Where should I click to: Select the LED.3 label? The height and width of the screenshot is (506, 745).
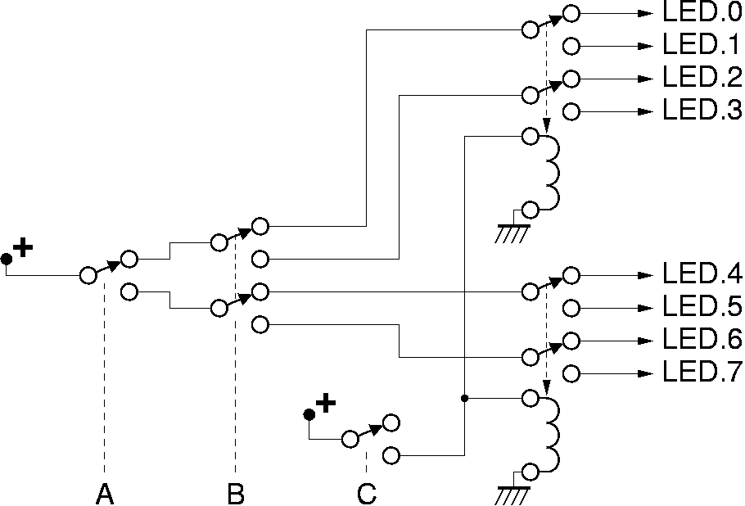coord(701,111)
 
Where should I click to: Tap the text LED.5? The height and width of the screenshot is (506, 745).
coord(701,307)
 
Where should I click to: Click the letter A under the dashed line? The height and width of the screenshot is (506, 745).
coord(104,494)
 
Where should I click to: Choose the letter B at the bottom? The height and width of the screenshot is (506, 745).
coord(235,494)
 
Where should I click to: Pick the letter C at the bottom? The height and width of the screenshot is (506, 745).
coord(366,494)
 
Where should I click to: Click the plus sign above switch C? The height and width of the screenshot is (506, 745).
coord(326,402)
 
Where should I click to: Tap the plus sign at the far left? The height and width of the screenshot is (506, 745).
coord(23,246)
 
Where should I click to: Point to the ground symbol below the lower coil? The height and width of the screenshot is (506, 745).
coord(512,494)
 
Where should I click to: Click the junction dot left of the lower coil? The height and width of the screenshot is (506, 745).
coord(464,399)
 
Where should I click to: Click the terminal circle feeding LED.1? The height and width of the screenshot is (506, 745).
coord(571,46)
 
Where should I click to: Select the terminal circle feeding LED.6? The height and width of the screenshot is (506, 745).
coord(571,341)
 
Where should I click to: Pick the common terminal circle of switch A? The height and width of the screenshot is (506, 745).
coord(88,275)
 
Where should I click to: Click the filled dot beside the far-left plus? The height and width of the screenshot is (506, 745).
coord(7,260)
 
